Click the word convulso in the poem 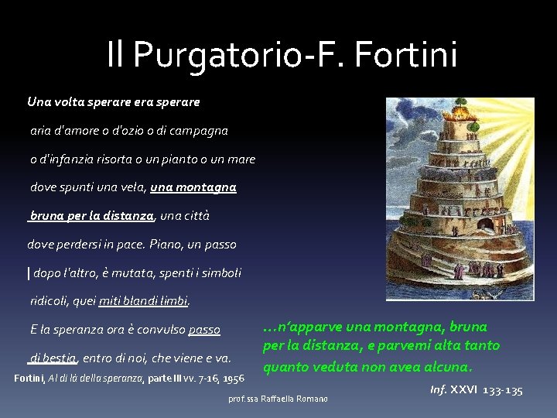pyautogui.click(x=159, y=330)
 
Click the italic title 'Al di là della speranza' pyautogui.click(x=104, y=379)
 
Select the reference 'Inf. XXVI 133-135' pyautogui.click(x=476, y=389)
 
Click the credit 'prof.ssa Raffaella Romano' pyautogui.click(x=278, y=399)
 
